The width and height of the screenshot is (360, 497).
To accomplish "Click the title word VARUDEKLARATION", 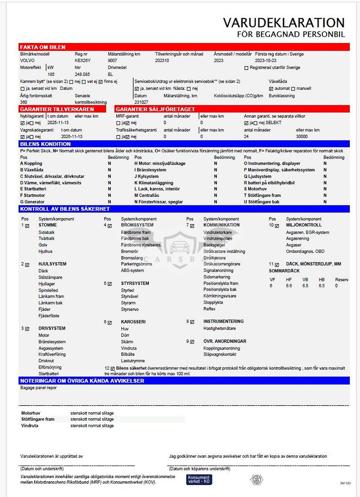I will pyautogui.click(x=284, y=23).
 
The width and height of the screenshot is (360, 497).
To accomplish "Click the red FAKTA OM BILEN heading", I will pyautogui.click(x=43, y=47).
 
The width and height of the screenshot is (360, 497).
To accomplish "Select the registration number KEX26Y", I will pyautogui.click(x=83, y=60).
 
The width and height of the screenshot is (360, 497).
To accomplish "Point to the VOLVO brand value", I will pyautogui.click(x=27, y=60).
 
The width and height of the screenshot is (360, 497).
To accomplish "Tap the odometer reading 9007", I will pyautogui.click(x=112, y=60).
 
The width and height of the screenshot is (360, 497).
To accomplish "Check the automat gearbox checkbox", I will pyautogui.click(x=271, y=89).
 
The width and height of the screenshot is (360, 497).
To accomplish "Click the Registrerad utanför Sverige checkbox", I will pyautogui.click(x=246, y=68).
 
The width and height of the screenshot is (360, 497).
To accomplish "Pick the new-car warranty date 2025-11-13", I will pyautogui.click(x=58, y=123).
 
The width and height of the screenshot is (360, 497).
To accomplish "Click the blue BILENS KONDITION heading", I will pyautogui.click(x=45, y=144).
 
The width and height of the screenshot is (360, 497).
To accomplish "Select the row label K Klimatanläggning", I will pyautogui.click(x=154, y=183).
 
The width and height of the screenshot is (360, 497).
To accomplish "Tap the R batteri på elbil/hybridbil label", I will pyautogui.click(x=269, y=183).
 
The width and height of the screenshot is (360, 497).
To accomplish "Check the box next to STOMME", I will pyautogui.click(x=27, y=226).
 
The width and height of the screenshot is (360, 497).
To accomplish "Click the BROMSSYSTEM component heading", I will pyautogui.click(x=137, y=225).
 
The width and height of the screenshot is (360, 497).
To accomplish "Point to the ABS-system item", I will pyautogui.click(x=132, y=270).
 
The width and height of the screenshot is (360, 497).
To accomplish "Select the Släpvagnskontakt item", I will pyautogui.click(x=220, y=355).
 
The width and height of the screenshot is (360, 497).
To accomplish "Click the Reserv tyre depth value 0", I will pyautogui.click(x=336, y=286).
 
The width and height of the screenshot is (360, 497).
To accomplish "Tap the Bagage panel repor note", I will pyautogui.click(x=38, y=388).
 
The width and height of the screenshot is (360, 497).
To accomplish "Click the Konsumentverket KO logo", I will pyautogui.click(x=199, y=479).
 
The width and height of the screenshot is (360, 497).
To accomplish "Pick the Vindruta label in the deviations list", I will pyautogui.click(x=30, y=426).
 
